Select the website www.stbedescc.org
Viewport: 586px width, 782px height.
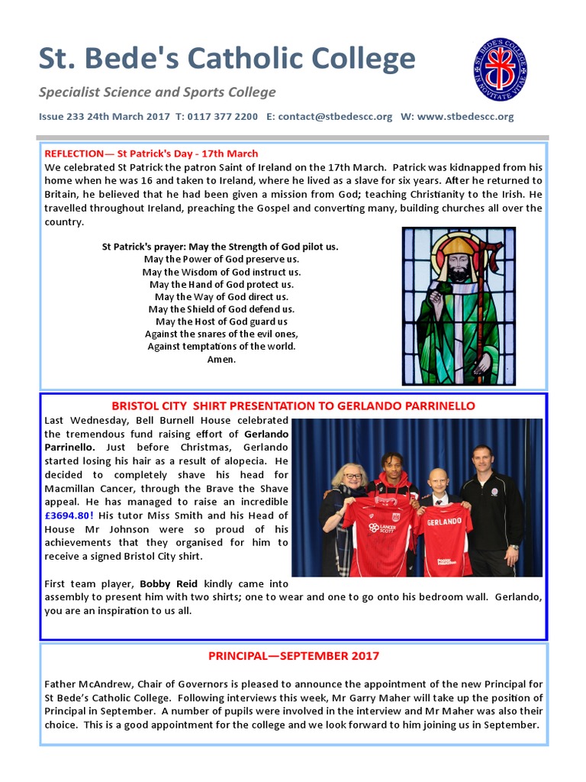point(465,117)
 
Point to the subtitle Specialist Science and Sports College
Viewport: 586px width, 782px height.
point(157,92)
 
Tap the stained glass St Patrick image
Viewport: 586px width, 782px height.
point(459,305)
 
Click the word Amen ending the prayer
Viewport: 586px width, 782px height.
point(221,359)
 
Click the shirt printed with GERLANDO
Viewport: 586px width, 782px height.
point(443,538)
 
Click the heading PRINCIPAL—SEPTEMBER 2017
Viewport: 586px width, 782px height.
point(293,655)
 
